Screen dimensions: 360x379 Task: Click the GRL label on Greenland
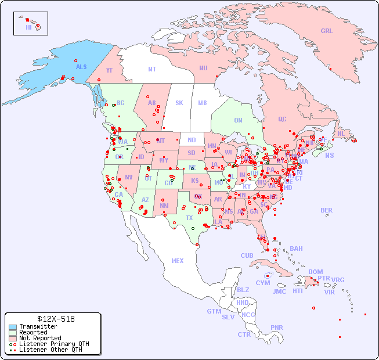327,31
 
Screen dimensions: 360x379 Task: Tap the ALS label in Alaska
81,67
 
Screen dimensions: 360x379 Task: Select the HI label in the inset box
28,27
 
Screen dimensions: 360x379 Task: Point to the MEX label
178,261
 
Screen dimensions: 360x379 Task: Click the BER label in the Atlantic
327,210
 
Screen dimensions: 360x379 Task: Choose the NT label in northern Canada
152,69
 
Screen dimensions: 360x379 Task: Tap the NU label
203,68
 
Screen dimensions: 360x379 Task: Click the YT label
109,70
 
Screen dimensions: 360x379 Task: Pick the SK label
179,103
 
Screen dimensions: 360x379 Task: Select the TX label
189,218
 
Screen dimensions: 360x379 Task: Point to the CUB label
247,255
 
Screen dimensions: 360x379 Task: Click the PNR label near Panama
277,327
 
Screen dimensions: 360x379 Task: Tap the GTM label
214,311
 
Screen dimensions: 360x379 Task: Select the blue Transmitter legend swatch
13,327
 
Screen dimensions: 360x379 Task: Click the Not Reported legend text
40,338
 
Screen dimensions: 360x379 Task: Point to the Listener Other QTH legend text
50,350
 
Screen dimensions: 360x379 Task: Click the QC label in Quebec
282,119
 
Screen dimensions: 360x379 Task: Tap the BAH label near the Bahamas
296,249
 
